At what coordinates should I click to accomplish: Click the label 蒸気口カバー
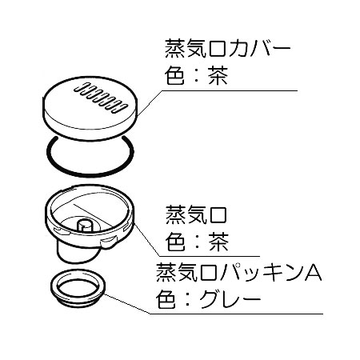(227, 49)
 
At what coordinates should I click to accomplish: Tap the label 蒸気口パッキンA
(239, 273)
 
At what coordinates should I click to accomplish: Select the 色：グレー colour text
(208, 300)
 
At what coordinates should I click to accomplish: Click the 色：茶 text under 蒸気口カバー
(196, 76)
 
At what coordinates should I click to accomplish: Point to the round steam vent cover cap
(90, 108)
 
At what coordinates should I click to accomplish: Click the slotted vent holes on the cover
(100, 98)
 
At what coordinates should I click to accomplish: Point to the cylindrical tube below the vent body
(78, 254)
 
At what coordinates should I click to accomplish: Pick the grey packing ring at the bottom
(78, 288)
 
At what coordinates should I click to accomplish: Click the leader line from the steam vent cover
(218, 91)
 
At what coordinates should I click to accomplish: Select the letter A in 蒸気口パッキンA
(314, 273)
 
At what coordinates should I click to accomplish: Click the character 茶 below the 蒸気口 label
(219, 242)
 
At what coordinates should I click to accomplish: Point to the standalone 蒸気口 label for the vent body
(196, 215)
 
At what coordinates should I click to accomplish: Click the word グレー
(230, 300)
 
